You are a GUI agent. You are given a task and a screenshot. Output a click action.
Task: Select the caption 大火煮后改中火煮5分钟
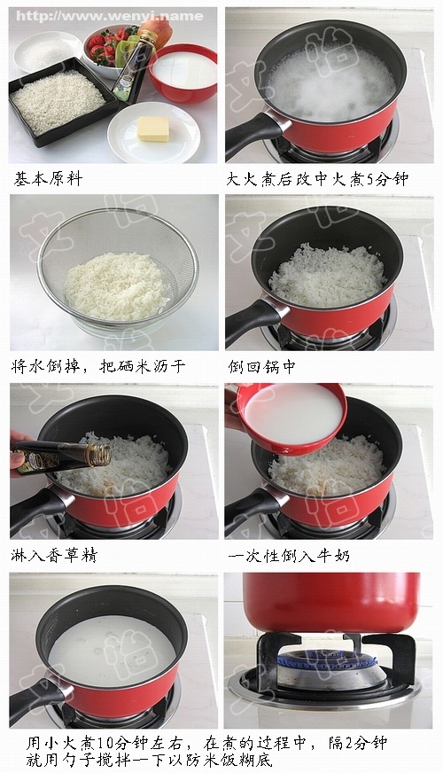coord(316,179)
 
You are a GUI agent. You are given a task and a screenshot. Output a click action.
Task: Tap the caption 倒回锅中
coord(261,366)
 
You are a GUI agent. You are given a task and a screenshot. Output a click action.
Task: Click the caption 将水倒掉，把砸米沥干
coord(99,366)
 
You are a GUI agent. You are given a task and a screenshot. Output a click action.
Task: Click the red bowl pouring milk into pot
coord(290,417)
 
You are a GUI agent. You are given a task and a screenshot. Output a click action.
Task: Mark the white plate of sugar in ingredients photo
coord(49,49)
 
